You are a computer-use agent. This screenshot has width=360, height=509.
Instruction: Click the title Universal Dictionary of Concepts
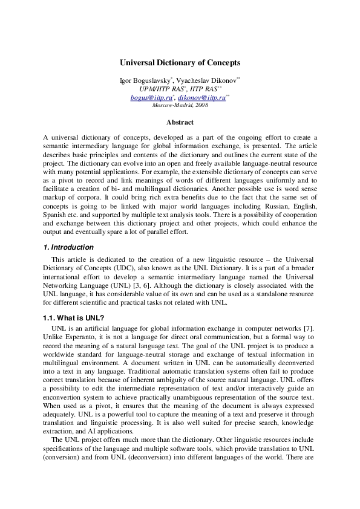pyautogui.click(x=180, y=62)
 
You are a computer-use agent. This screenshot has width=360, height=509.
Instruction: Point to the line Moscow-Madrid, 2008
pyautogui.click(x=180, y=105)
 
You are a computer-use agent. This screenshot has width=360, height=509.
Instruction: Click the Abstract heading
pyautogui.click(x=180, y=123)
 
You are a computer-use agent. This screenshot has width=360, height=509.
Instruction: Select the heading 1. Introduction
pyautogui.click(x=68, y=247)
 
